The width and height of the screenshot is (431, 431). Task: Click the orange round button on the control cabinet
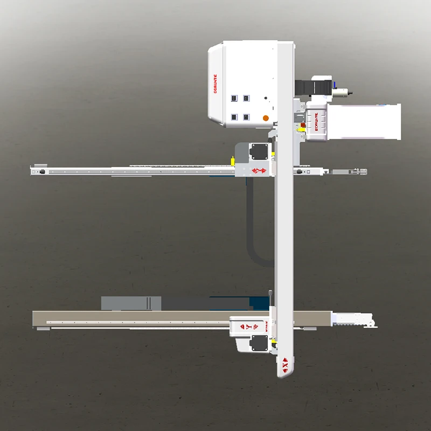click(265, 118)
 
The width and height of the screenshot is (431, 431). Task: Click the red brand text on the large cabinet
click(215, 85)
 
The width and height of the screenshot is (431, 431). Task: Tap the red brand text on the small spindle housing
click(316, 122)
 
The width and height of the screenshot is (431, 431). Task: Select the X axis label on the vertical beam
click(285, 366)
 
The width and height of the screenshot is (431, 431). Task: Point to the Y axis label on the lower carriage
click(248, 326)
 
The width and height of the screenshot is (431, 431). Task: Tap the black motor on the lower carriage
click(259, 343)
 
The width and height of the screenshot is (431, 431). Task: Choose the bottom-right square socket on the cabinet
click(246, 117)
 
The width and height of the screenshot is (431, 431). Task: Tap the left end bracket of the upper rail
click(39, 171)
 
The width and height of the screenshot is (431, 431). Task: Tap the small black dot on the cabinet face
click(265, 99)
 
